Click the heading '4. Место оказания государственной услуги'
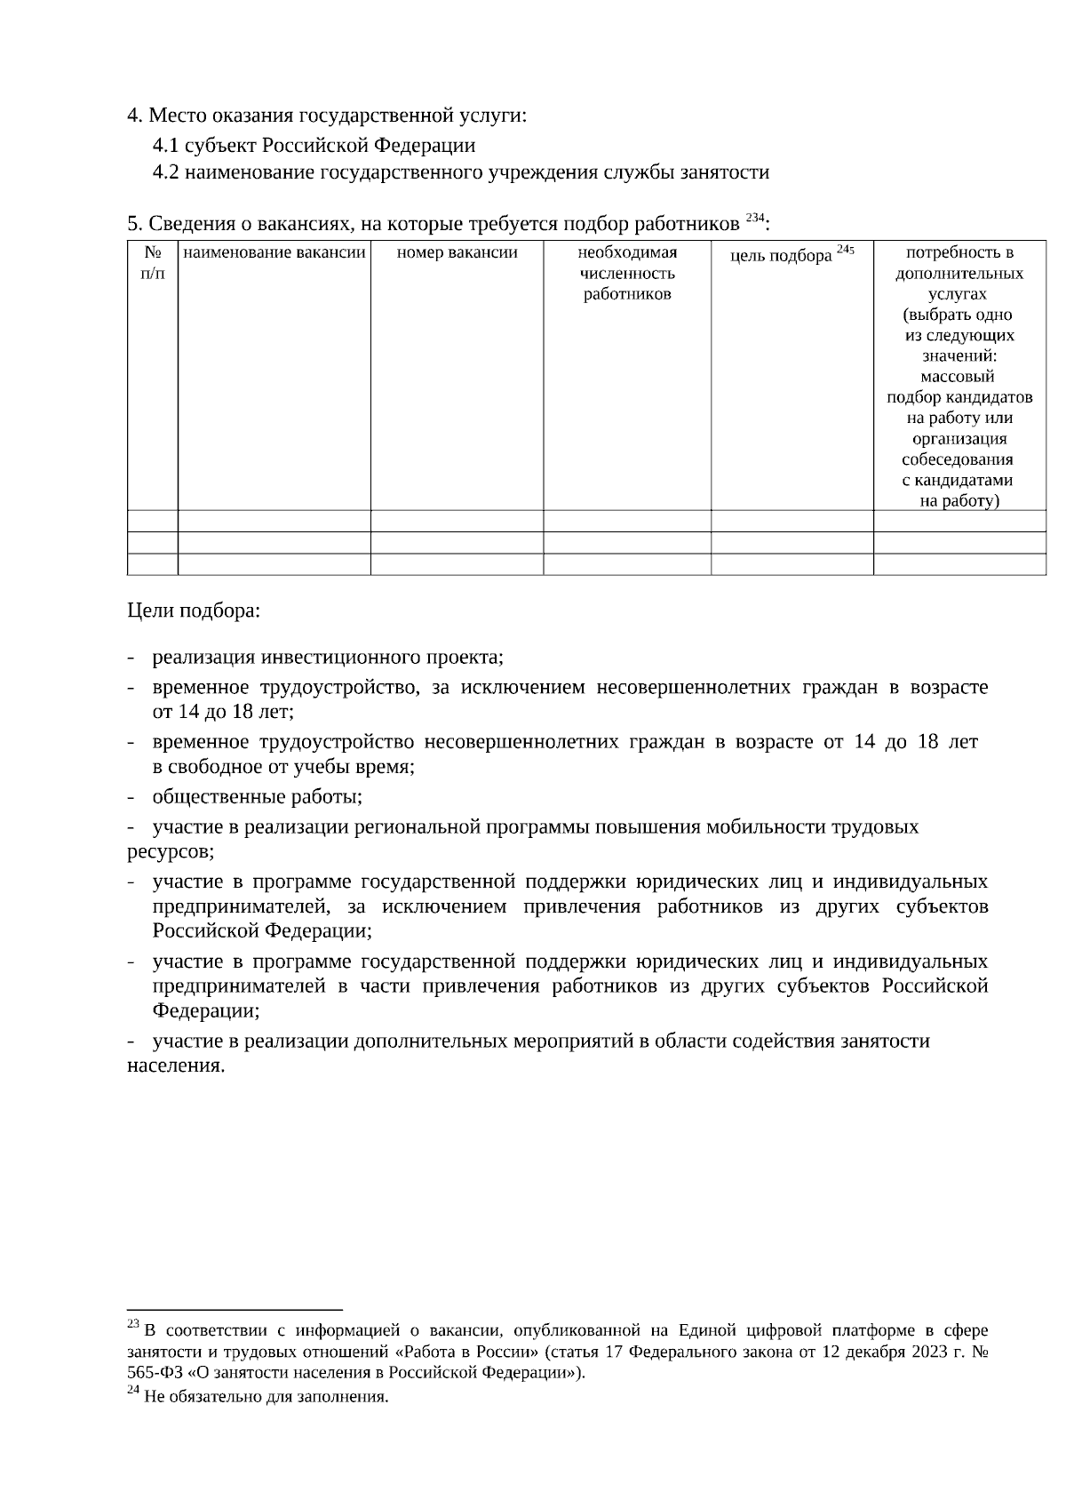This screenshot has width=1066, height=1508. pyautogui.click(x=327, y=116)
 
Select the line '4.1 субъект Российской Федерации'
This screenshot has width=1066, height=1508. pyautogui.click(x=314, y=145)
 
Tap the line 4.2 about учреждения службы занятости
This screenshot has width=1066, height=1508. pyautogui.click(x=460, y=172)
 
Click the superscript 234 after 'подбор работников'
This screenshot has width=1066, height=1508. pyautogui.click(x=753, y=218)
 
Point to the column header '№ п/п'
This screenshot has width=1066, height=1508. pyautogui.click(x=153, y=263)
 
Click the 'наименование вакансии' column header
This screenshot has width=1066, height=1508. pyautogui.click(x=274, y=253)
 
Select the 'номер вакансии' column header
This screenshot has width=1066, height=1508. pyautogui.click(x=457, y=253)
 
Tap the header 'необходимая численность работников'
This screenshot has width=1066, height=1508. pyautogui.click(x=627, y=273)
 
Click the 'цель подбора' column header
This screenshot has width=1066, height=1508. pyautogui.click(x=781, y=256)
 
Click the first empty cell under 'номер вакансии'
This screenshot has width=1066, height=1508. pyautogui.click(x=457, y=521)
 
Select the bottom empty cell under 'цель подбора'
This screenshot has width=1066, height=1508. pyautogui.click(x=792, y=564)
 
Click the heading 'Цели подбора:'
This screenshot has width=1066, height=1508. pyautogui.click(x=194, y=611)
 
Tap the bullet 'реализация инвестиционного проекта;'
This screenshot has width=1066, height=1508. pyautogui.click(x=328, y=658)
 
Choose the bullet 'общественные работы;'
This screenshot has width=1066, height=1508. pyautogui.click(x=257, y=796)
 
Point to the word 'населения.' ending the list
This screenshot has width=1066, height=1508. pyautogui.click(x=176, y=1065)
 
